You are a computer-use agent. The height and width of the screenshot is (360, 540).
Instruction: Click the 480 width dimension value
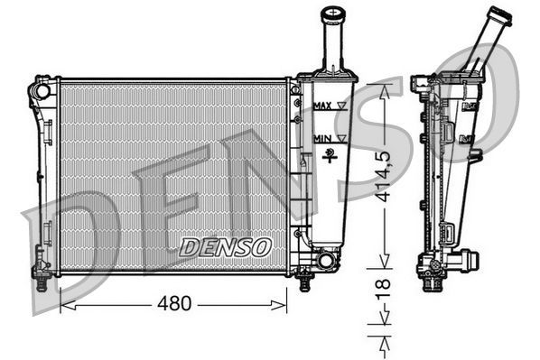click(174, 304)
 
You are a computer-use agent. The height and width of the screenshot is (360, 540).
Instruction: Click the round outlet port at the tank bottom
click(326, 261)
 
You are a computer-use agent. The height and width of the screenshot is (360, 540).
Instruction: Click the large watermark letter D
click(72, 235)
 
